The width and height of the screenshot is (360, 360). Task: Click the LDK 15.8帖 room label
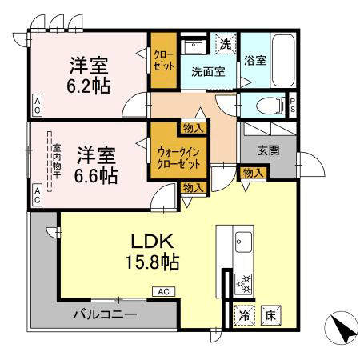point(152,252)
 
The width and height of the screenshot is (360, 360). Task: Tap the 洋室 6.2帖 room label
point(89,75)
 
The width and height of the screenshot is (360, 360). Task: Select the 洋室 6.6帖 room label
point(96,166)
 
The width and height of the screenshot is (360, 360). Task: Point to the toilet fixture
point(271,106)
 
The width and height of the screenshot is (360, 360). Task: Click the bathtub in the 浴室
point(283,60)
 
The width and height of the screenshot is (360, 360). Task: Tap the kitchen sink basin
point(243,242)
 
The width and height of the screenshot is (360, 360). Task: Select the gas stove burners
point(244,284)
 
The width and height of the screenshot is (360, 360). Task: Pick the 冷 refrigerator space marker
point(244,316)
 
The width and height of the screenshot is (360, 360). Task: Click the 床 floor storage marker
point(270,316)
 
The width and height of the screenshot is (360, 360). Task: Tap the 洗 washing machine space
point(226,44)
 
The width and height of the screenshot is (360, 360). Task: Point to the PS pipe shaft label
point(293,106)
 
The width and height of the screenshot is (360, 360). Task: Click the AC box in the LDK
point(164,292)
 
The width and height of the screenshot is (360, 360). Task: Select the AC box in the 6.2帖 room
point(37,106)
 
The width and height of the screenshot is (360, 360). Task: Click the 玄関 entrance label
point(269,151)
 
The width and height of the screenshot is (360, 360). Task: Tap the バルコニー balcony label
point(105,315)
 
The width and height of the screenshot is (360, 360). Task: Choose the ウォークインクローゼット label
point(178,158)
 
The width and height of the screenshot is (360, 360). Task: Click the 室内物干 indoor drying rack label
point(57,162)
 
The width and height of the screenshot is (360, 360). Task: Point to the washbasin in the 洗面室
point(194,47)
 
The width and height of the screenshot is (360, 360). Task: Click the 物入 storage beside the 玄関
point(254,174)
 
